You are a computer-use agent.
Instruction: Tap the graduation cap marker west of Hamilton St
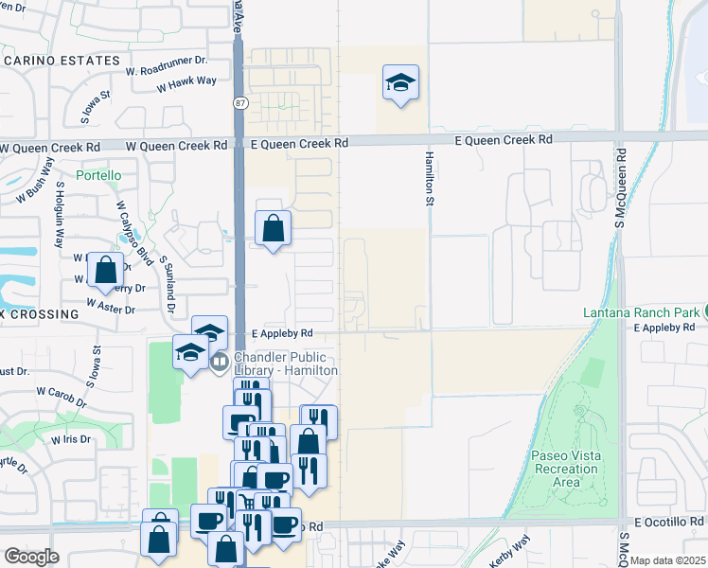pos(400,82)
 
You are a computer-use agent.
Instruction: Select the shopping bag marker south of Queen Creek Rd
pos(273,228)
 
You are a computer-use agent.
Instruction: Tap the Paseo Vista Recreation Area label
pos(566,469)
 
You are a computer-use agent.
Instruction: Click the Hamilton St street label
pos(429,171)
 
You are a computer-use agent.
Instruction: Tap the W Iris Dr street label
pos(71,439)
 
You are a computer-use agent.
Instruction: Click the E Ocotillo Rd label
pos(669,523)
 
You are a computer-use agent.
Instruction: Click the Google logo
pos(31,557)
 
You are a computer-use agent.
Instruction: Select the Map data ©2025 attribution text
pos(667,560)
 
